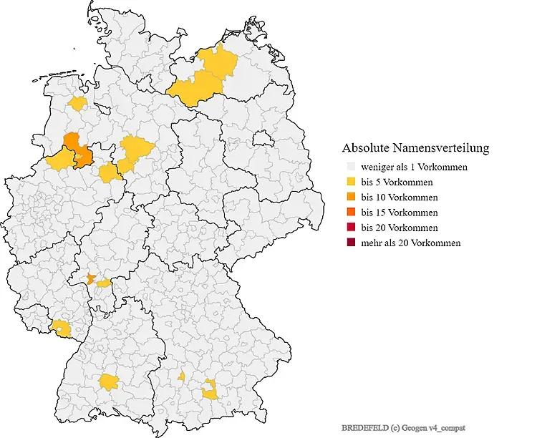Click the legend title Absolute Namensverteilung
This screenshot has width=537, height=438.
click(415, 148)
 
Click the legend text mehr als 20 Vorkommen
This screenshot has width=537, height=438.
click(410, 243)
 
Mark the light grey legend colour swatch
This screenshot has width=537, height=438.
click(349, 167)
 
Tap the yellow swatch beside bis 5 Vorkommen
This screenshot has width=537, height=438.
click(349, 182)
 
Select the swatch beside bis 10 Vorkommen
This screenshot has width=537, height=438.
click(349, 198)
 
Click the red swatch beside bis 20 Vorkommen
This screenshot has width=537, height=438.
click(349, 228)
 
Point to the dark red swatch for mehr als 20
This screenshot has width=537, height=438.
click(349, 243)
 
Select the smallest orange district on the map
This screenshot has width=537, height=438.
click(91, 278)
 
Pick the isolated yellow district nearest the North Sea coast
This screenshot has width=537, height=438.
click(78, 104)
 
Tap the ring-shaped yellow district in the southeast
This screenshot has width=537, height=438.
click(210, 391)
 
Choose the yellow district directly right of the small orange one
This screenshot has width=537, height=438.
click(104, 283)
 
